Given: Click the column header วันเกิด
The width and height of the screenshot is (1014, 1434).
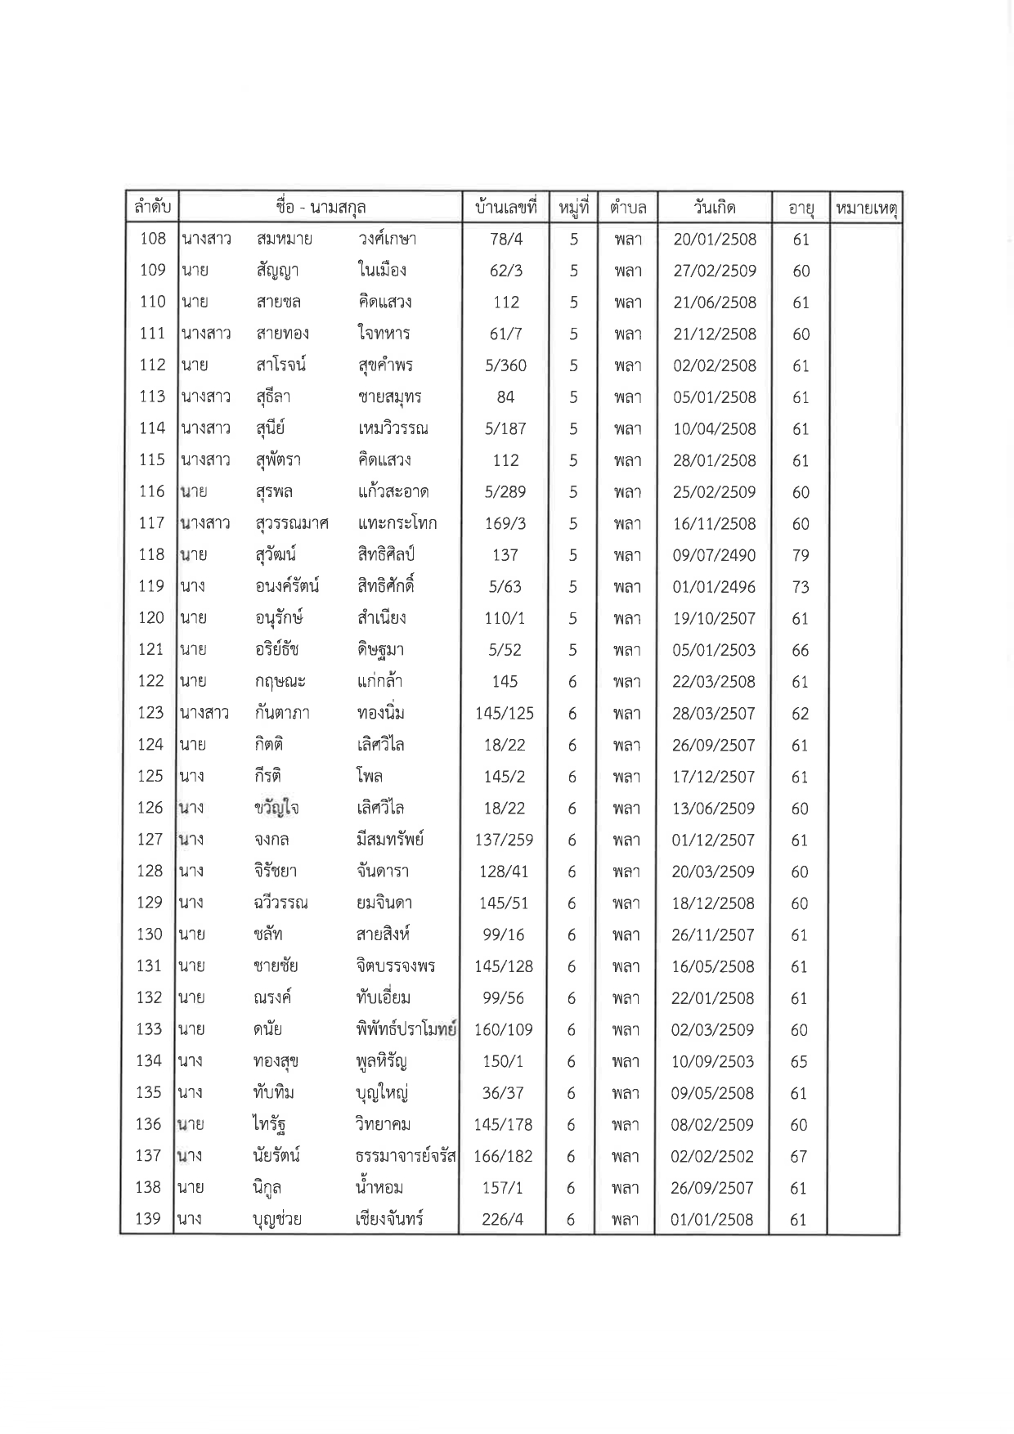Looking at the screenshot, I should (x=714, y=208).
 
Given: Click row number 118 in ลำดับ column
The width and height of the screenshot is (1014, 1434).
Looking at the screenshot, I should (x=152, y=555).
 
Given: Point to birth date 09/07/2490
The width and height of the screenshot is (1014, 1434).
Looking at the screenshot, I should (x=714, y=556).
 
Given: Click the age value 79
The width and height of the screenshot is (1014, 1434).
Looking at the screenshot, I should (x=801, y=556).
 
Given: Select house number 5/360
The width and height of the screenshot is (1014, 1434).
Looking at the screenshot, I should (x=505, y=365).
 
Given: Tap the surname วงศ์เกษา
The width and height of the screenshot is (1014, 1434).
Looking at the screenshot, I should (x=387, y=239).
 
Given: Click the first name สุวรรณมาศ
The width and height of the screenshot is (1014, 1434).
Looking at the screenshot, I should (x=292, y=523).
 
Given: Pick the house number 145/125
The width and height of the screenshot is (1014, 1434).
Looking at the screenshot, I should (x=505, y=714).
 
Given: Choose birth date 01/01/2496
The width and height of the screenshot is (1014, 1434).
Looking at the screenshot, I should (x=714, y=587).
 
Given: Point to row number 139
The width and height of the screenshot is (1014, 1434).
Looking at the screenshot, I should (x=148, y=1219).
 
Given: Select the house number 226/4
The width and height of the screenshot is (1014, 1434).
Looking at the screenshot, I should (x=504, y=1220).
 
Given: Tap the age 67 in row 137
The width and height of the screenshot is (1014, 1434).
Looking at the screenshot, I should (x=799, y=1157).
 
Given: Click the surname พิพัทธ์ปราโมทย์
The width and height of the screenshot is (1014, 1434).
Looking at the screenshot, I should (x=401, y=1029).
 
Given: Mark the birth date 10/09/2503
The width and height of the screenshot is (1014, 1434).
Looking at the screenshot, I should (x=712, y=1061).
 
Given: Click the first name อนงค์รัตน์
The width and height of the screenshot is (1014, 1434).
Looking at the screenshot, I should (x=286, y=586).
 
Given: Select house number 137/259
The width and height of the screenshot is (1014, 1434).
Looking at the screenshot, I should (x=505, y=840).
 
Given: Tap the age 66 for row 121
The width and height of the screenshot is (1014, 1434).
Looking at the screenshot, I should (x=801, y=651).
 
